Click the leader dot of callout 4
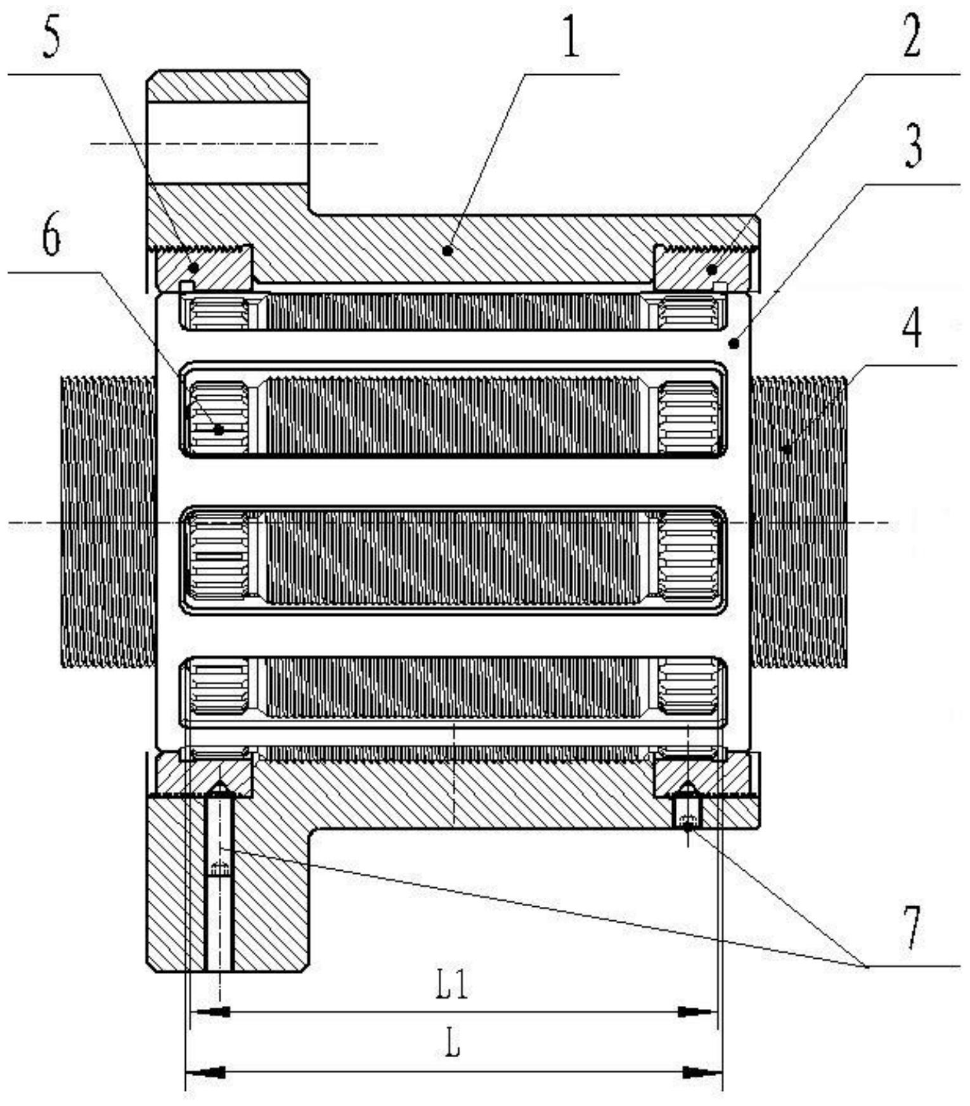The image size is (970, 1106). click(x=787, y=449)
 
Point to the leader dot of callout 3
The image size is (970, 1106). click(x=734, y=344)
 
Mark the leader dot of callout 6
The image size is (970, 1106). click(x=219, y=430)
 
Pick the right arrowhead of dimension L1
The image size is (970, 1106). click(x=698, y=1011)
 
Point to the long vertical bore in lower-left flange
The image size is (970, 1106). click(x=219, y=882)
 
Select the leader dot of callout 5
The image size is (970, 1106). click(x=193, y=267)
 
